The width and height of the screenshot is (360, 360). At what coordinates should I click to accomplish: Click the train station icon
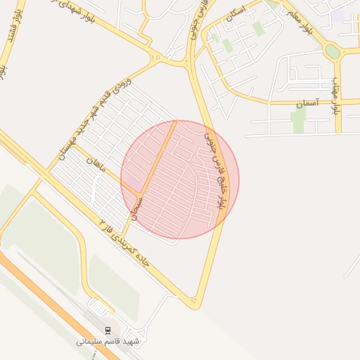[x=108, y=330]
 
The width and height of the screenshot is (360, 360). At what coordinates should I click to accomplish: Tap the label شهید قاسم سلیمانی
[x=108, y=341]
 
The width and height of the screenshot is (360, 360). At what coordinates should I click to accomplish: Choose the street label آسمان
[x=307, y=103]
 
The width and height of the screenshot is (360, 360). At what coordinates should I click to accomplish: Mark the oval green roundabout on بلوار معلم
[x=332, y=51]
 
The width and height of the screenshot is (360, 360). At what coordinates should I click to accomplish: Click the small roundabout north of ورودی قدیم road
[x=159, y=57]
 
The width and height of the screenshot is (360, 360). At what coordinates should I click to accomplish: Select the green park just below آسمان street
[x=299, y=120]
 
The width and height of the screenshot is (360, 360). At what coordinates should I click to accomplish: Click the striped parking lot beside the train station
[x=99, y=308]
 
